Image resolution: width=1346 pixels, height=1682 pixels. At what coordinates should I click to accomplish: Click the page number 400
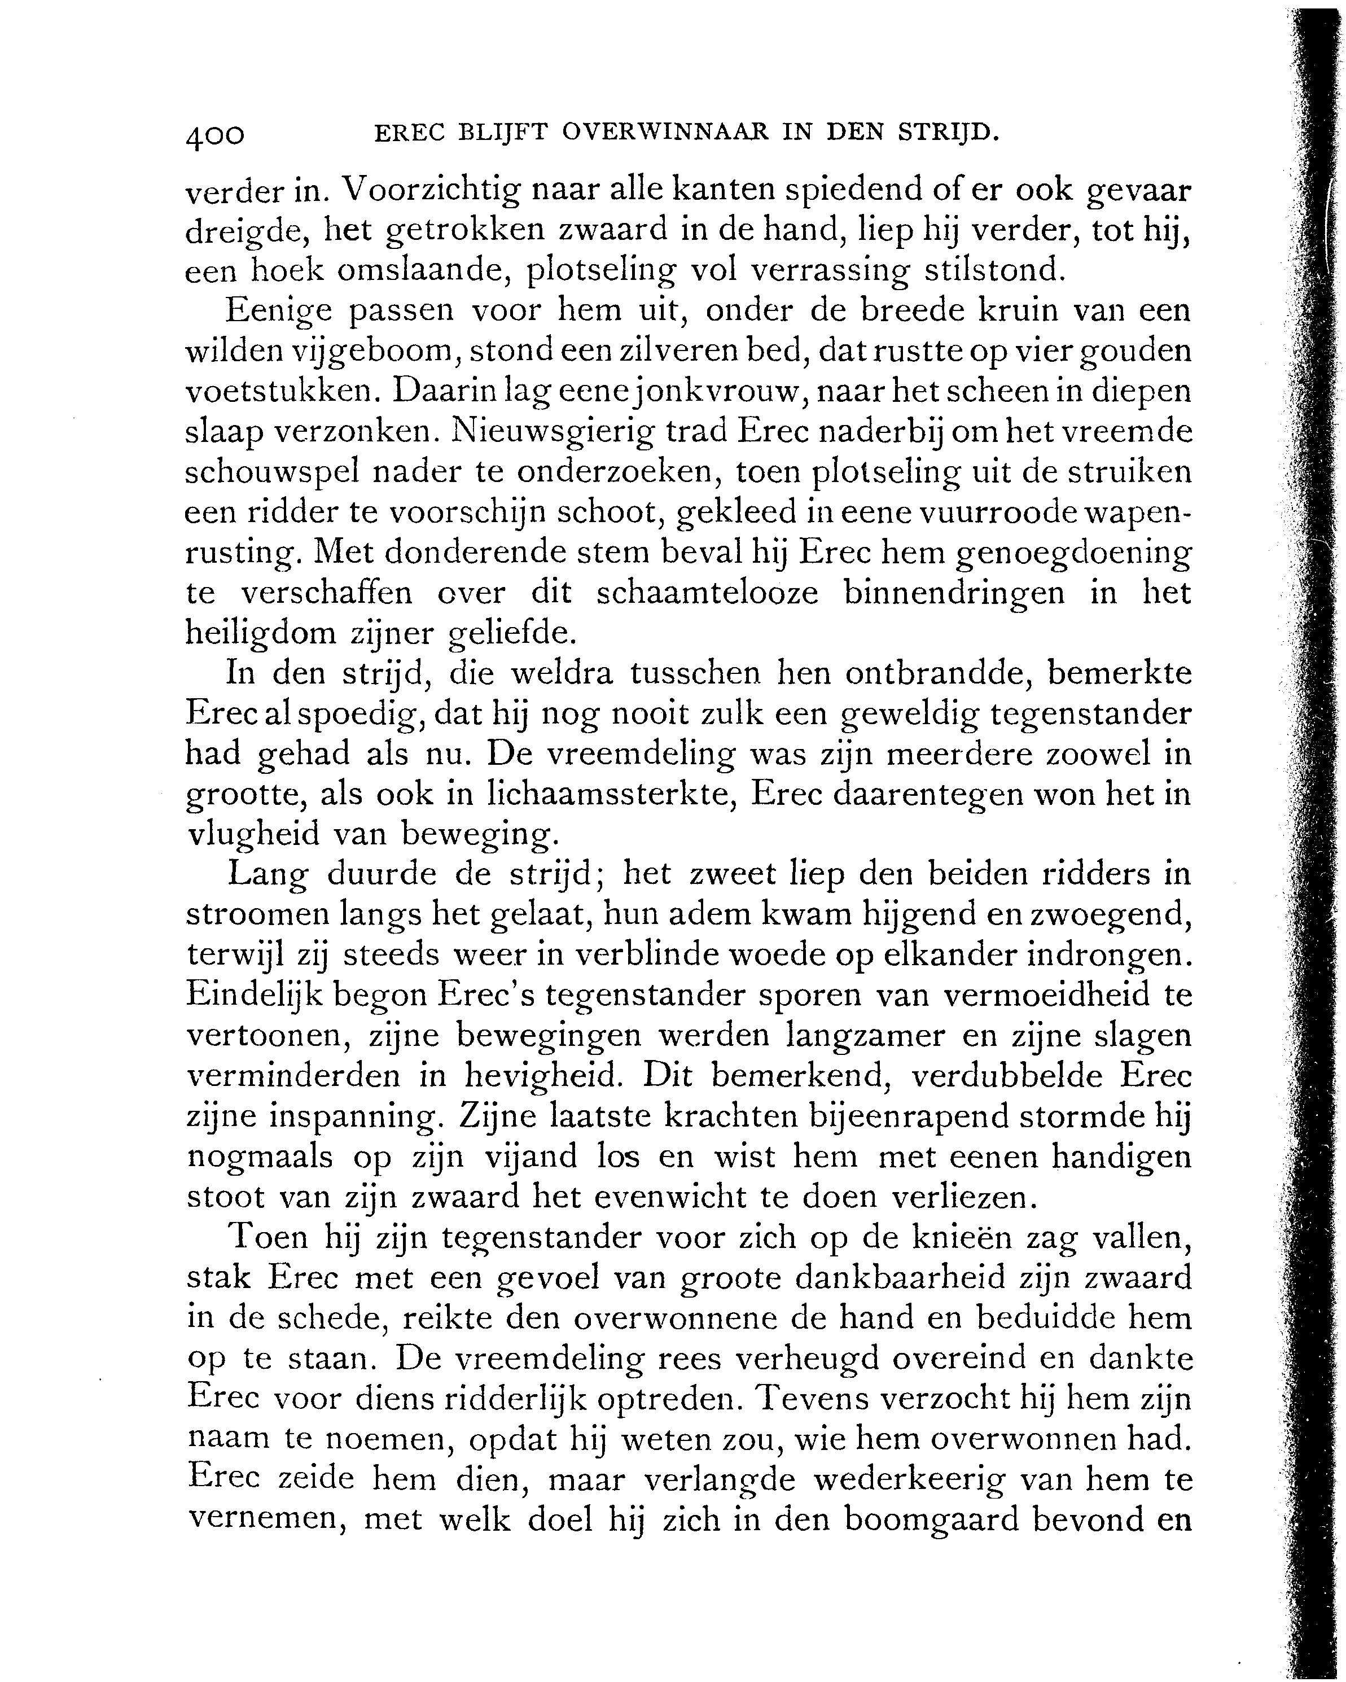coord(215,137)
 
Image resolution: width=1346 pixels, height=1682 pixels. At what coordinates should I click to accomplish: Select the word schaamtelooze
coord(707,593)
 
